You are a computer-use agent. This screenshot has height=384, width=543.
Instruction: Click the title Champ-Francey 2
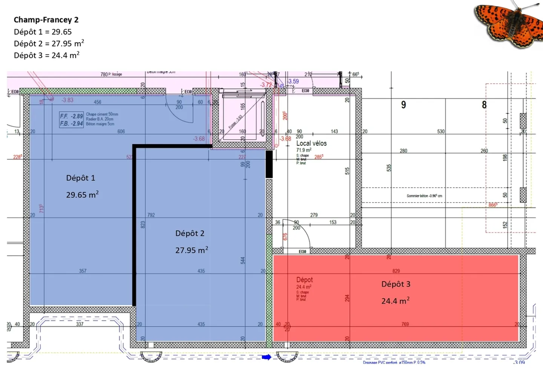pos(46,20)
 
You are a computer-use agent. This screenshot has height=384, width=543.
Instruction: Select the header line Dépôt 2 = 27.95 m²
pos(49,43)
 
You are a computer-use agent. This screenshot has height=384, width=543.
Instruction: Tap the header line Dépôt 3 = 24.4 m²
pos(46,55)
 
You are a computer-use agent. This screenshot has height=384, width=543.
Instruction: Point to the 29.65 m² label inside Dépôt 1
pos(82,195)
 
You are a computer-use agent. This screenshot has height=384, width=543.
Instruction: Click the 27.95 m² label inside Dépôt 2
pos(192,250)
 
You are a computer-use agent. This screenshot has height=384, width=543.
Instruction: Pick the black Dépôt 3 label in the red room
pos(396,284)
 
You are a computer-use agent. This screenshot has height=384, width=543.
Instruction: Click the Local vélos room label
pos(311,143)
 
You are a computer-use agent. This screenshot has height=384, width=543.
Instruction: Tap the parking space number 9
pos(403,105)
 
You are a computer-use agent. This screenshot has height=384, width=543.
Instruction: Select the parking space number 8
pos(484,105)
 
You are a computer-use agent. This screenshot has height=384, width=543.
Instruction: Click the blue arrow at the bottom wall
pos(267,357)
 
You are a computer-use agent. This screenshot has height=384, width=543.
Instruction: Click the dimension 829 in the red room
pos(396,271)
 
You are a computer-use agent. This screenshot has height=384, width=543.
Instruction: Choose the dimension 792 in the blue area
pos(151,215)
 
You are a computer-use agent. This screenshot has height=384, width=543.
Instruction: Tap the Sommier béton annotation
pos(424,196)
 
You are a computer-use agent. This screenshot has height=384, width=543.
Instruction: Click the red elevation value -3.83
pos(67,100)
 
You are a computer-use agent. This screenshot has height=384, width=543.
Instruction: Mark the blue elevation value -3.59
pos(293,81)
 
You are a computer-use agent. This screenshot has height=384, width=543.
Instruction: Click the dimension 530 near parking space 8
pos(441,131)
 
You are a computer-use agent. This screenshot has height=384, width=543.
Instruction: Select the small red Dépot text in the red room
pos(304,280)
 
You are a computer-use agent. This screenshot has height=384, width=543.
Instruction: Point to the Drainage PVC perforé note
pos(394,362)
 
